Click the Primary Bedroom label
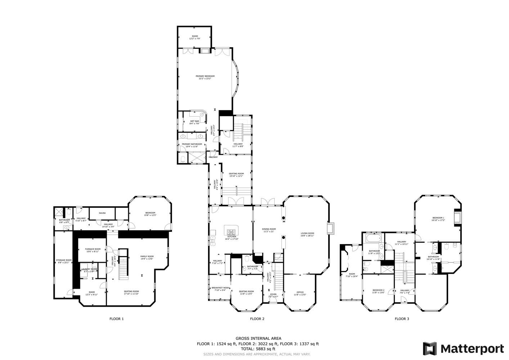[205, 76]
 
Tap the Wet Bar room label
[194, 121]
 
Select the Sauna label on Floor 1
[102, 213]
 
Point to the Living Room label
[307, 233]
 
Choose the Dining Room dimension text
[269, 231]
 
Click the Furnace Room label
[93, 249]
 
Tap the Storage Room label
[64, 260]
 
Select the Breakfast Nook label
[220, 288]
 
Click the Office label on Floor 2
[300, 292]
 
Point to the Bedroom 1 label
[438, 218]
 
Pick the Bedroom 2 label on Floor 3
[378, 290]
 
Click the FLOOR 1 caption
[117, 319]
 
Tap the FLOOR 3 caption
[402, 319]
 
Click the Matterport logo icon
[430, 349]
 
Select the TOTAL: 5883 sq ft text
[258, 348]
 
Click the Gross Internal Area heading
[258, 338]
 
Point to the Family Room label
[147, 256]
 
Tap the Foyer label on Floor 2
[274, 294]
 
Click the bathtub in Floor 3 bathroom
[373, 239]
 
